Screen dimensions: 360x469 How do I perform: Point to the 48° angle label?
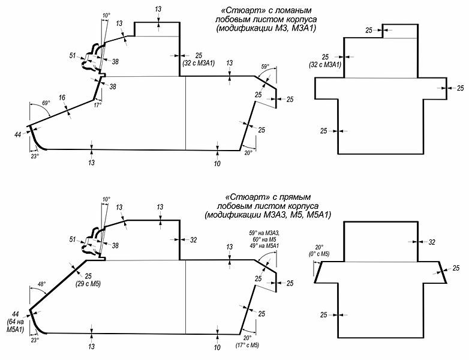[x=41, y=284]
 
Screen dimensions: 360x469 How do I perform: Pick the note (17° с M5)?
[x=246, y=346]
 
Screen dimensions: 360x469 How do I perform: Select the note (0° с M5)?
[x=318, y=254]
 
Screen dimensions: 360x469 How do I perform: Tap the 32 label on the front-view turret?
[x=431, y=242]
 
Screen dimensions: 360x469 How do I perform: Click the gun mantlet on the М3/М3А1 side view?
[x=94, y=58]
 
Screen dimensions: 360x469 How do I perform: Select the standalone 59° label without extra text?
[x=266, y=67]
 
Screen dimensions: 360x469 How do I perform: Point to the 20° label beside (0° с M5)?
[x=318, y=247]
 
